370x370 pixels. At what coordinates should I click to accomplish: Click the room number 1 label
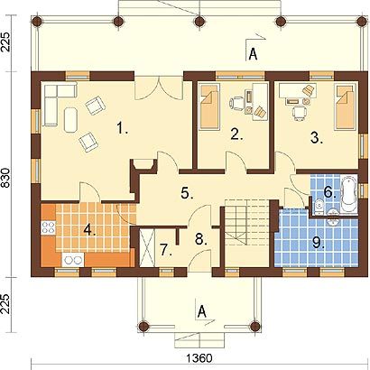(x=122, y=128)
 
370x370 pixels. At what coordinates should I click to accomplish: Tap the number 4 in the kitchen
(x=89, y=230)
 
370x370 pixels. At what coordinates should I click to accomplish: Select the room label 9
(x=319, y=243)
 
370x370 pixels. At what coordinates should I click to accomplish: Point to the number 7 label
(x=166, y=250)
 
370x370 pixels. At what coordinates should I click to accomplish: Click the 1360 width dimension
(x=199, y=358)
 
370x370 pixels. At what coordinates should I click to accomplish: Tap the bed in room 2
(x=208, y=106)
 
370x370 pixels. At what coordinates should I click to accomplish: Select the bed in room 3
(x=346, y=106)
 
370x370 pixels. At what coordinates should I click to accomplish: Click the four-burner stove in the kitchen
(x=48, y=227)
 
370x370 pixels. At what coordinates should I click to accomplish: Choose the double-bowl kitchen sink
(x=73, y=260)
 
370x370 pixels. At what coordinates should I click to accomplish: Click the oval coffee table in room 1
(x=71, y=119)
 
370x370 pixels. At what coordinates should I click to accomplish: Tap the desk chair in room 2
(x=236, y=103)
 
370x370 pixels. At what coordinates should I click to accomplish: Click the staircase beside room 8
(x=246, y=233)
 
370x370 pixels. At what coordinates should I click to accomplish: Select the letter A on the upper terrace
(x=254, y=55)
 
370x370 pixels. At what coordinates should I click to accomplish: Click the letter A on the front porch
(x=202, y=311)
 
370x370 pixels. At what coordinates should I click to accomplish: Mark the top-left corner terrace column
(x=37, y=21)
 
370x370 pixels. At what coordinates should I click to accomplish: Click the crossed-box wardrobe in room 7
(x=148, y=248)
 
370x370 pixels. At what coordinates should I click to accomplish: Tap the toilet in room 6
(x=319, y=208)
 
